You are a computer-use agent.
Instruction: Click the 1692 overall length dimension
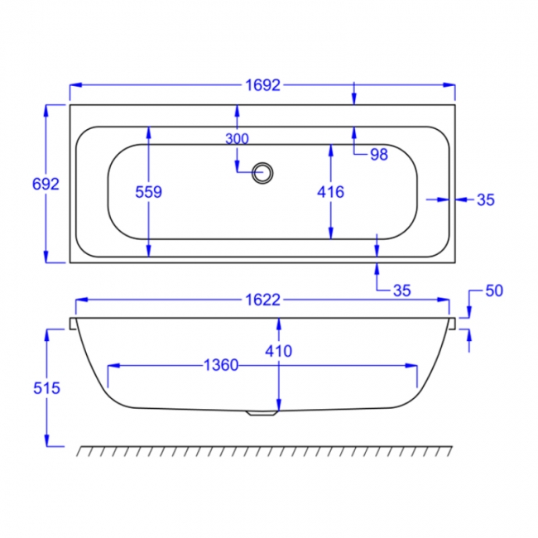click(263, 85)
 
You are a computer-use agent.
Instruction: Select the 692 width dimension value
click(46, 185)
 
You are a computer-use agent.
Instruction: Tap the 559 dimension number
click(148, 192)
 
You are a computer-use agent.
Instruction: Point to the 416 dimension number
click(330, 192)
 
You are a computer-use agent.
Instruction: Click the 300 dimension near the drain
click(237, 138)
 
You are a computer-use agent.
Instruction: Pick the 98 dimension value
click(379, 155)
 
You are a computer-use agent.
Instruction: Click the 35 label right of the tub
click(486, 199)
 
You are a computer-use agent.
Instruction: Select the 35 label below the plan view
click(401, 291)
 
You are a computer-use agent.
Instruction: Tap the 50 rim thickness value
click(494, 291)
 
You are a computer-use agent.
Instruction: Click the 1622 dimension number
click(263, 300)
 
